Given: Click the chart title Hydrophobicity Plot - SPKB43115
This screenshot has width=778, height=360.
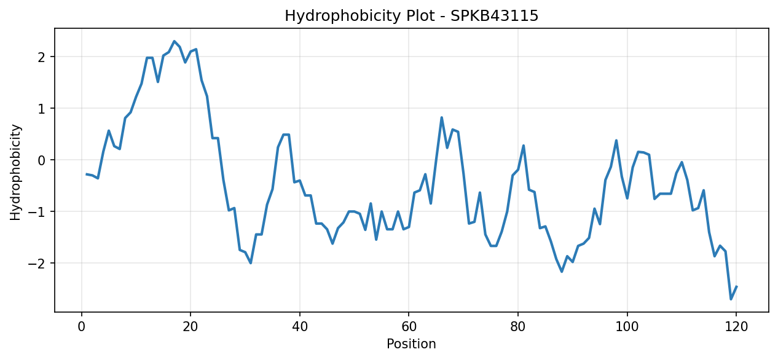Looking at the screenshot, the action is [x=411, y=16].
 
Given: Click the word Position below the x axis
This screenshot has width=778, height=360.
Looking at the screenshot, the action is [x=411, y=343].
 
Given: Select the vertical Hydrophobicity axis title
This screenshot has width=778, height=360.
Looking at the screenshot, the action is [x=15, y=172].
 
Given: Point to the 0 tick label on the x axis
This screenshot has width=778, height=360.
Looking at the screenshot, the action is [x=82, y=327].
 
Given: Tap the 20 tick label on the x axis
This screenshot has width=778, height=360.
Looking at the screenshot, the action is [x=191, y=327].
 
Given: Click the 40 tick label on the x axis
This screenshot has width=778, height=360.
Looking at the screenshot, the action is [x=299, y=327].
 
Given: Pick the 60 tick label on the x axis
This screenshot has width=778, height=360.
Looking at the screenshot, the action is [x=409, y=327].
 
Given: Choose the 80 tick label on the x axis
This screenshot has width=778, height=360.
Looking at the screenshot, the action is [x=518, y=327].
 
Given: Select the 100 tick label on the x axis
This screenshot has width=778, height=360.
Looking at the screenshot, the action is [x=627, y=327].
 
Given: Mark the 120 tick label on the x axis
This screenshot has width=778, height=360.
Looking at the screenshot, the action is [x=736, y=327].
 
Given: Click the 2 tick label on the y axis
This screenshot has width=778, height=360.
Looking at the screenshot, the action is [x=42, y=57].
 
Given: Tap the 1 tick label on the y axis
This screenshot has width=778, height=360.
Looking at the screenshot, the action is [x=42, y=109].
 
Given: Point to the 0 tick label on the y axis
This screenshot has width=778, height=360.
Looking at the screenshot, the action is [x=42, y=160].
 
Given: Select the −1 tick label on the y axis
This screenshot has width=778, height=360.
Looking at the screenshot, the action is [x=37, y=212].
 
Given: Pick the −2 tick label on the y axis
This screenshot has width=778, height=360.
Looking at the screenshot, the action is [x=37, y=264].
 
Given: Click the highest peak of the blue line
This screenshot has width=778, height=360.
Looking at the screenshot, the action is [x=175, y=41].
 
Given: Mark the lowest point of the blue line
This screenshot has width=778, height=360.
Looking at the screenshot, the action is [x=731, y=299].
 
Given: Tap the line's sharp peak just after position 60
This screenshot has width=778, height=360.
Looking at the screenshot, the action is [x=441, y=118].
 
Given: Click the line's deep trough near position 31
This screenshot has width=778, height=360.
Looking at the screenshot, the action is [x=250, y=263].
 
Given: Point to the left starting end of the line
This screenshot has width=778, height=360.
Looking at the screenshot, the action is [x=87, y=174].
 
